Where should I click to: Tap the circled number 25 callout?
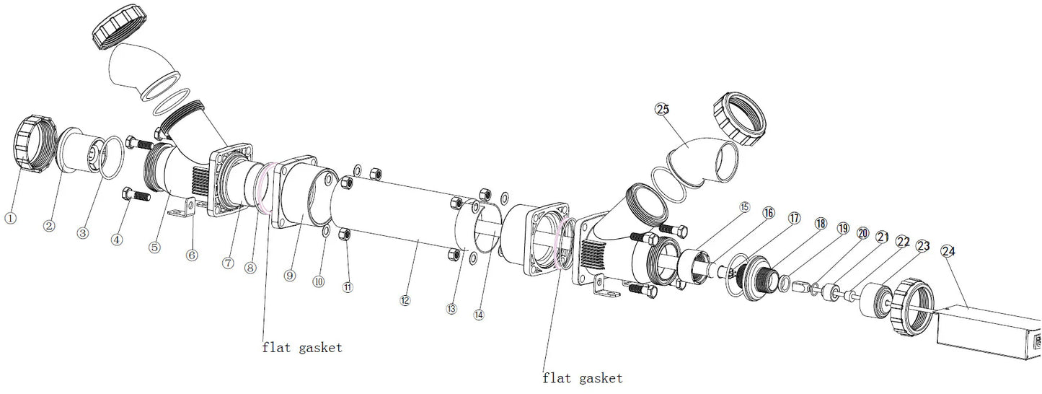coord(661,109)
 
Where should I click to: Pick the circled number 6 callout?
coord(192,255)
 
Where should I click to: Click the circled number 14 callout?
coord(479,315)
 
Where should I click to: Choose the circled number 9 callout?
coord(289,275)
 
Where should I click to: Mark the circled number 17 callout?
coord(794,218)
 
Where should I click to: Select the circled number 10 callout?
coord(318,281)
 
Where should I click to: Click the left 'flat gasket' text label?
coord(301,348)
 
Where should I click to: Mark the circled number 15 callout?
coord(744,206)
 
